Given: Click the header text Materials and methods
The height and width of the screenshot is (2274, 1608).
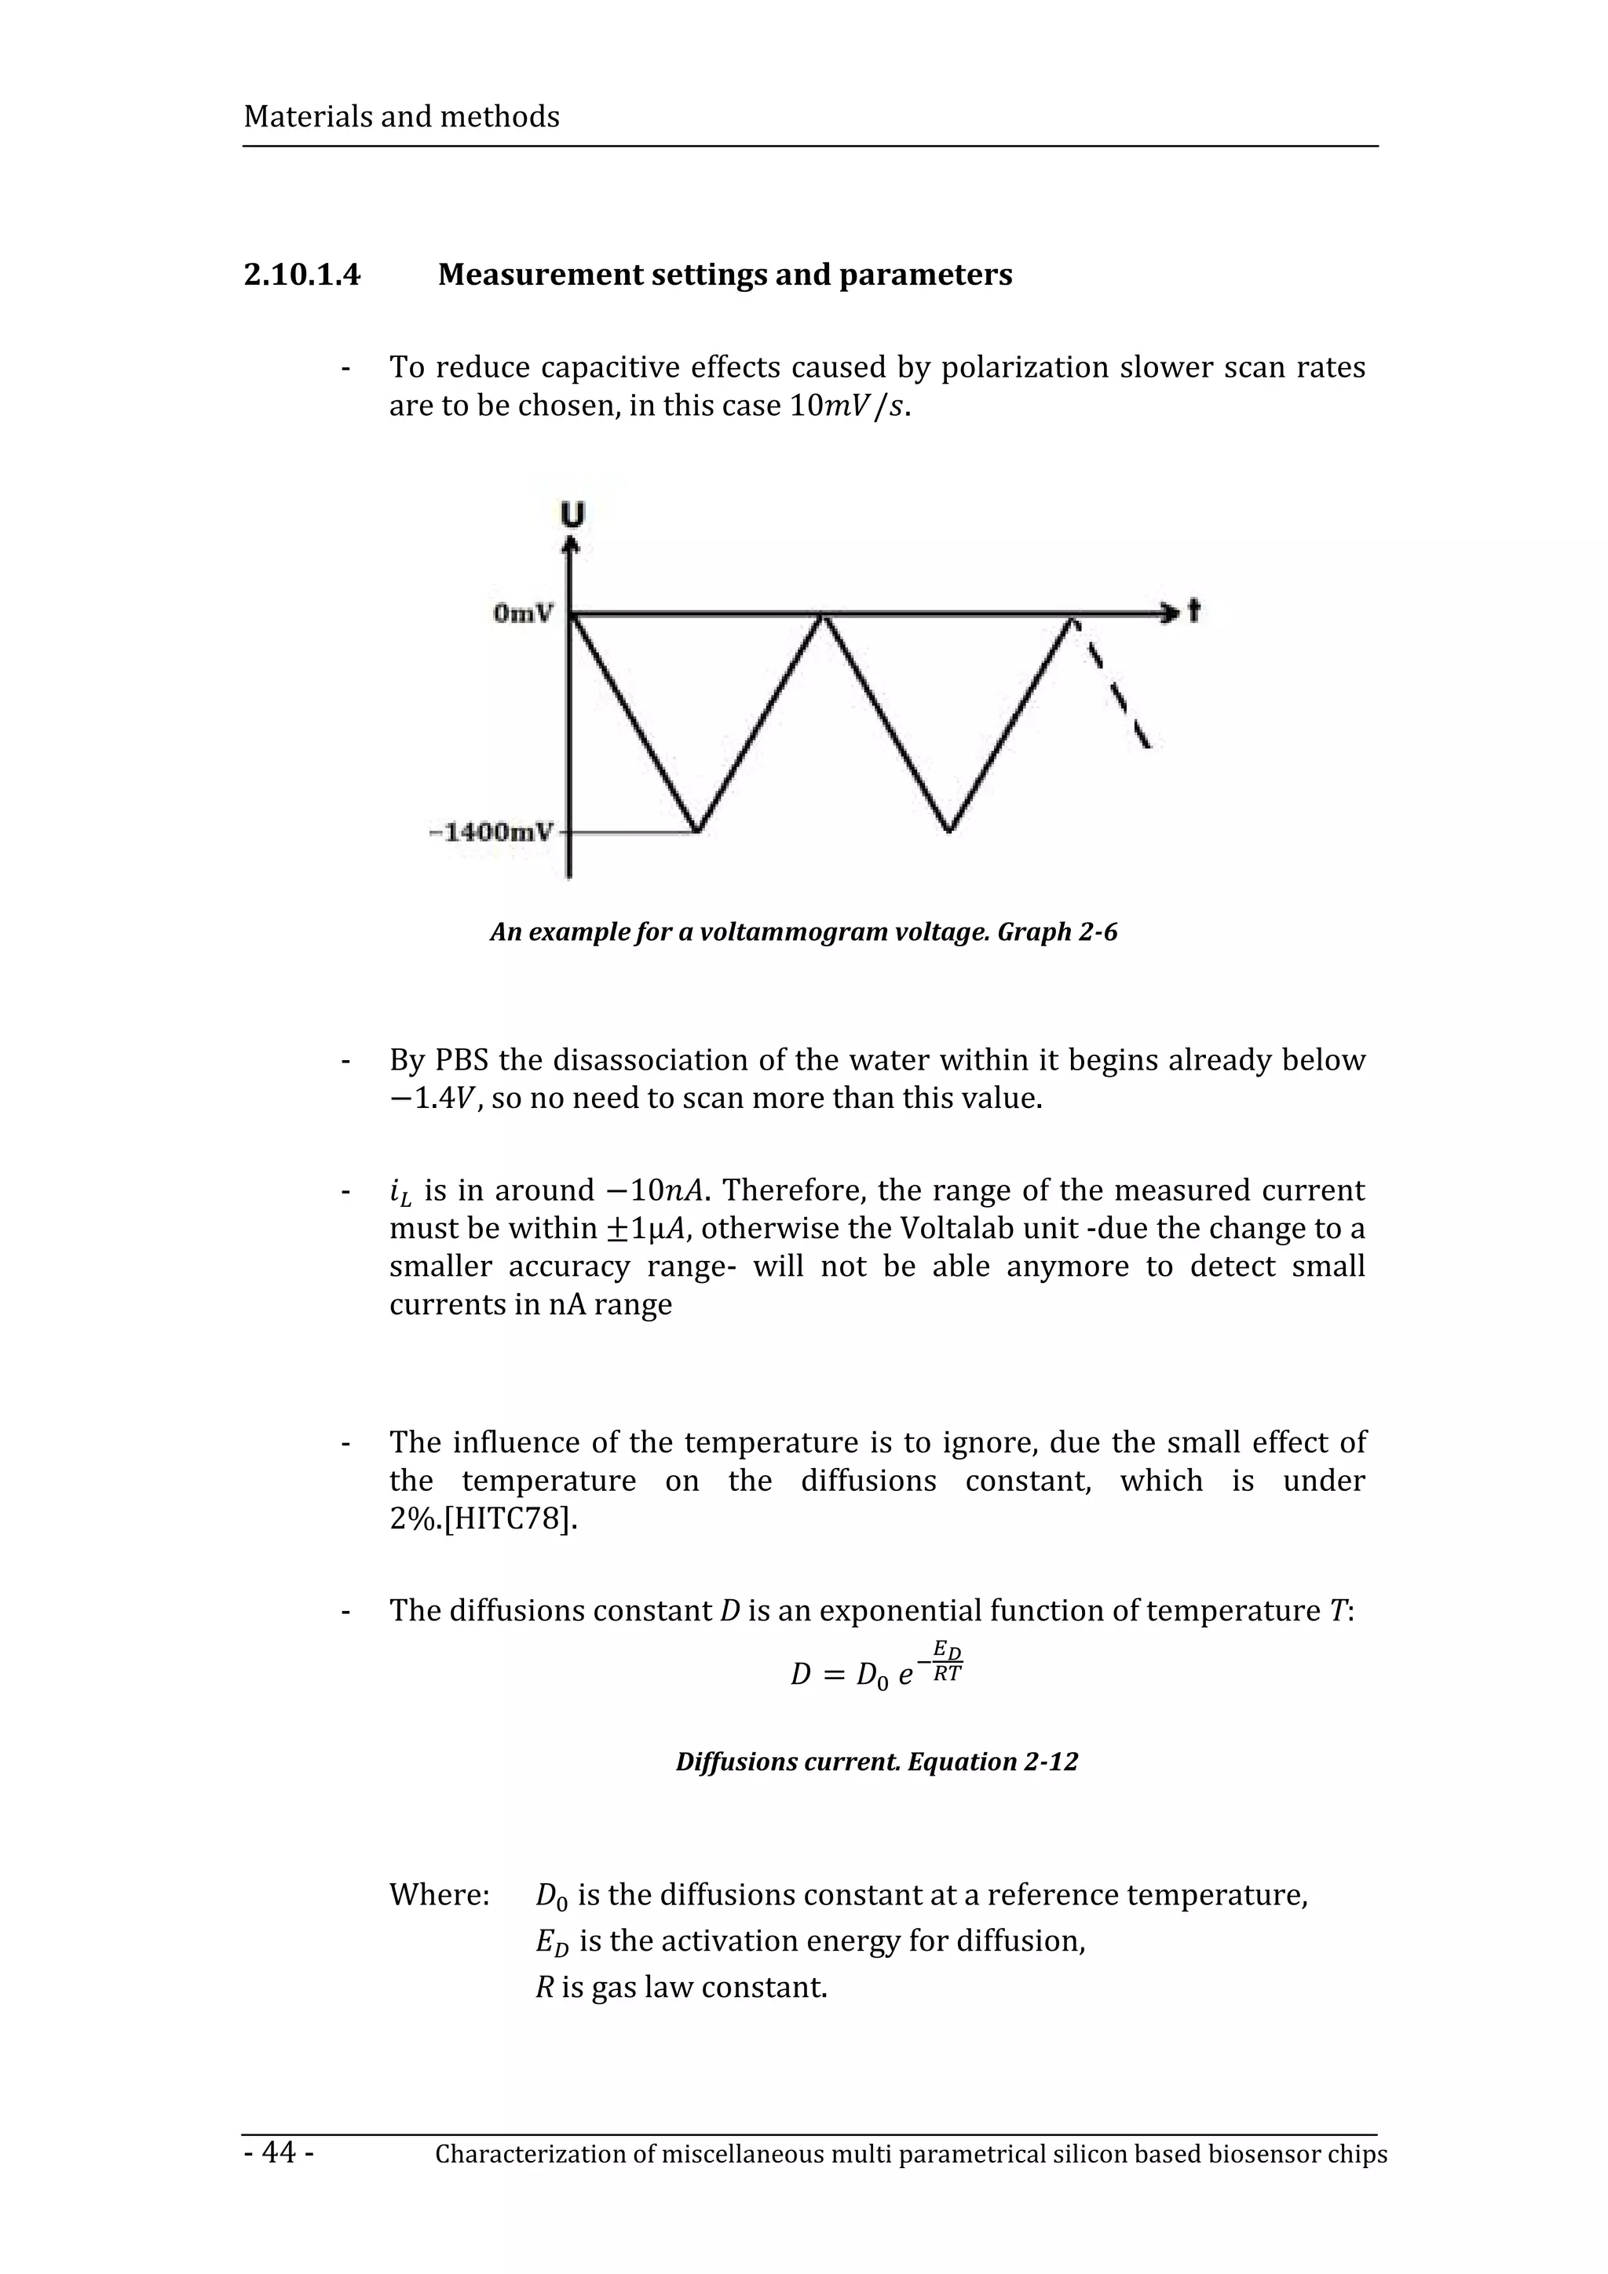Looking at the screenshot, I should pyautogui.click(x=401, y=117).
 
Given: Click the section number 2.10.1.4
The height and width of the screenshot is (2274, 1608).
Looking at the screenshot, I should pyautogui.click(x=302, y=275).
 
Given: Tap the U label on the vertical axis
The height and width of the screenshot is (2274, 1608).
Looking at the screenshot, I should pyautogui.click(x=572, y=514).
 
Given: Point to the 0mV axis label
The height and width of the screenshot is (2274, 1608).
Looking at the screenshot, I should pyautogui.click(x=523, y=614).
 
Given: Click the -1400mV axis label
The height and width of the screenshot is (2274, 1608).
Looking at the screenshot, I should pyautogui.click(x=492, y=831).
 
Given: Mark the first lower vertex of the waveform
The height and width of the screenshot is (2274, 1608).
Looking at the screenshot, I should pyautogui.click(x=697, y=830).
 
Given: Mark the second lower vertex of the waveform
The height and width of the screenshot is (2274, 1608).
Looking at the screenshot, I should pyautogui.click(x=949, y=830).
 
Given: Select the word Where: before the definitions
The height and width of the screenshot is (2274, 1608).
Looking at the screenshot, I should pyautogui.click(x=439, y=1895).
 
